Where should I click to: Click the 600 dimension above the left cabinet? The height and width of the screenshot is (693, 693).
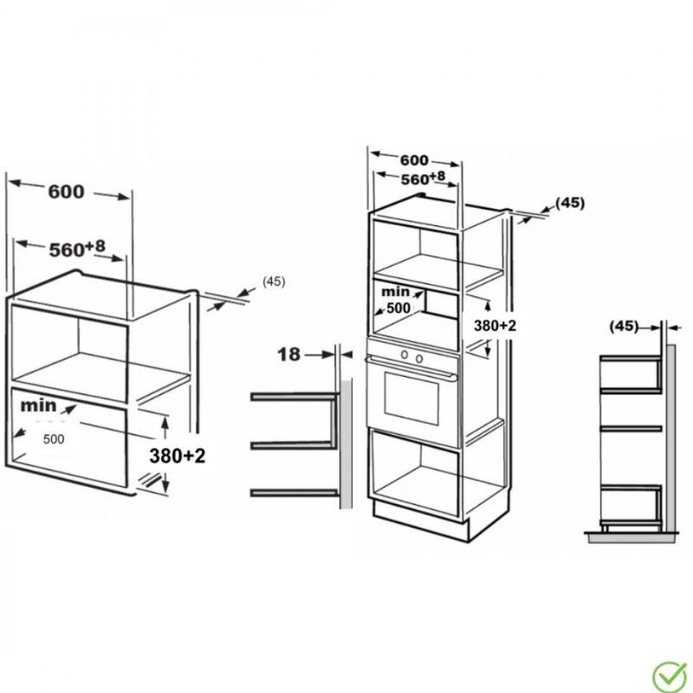coord(66,192)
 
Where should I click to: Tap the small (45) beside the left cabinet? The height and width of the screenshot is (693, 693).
coord(273,282)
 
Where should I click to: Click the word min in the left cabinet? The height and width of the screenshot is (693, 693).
coord(40,405)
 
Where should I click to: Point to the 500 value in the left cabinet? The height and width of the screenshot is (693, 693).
coord(54,439)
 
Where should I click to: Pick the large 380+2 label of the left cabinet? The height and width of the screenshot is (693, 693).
coord(176,456)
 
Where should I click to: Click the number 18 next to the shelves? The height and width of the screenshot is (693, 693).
coord(290,353)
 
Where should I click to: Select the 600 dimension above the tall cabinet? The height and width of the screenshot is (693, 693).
coord(414,160)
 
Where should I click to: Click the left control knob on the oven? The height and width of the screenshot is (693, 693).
coord(405,356)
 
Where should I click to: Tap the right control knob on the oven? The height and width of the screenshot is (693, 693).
coord(419,357)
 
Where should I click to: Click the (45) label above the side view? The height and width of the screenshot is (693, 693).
coord(624,327)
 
